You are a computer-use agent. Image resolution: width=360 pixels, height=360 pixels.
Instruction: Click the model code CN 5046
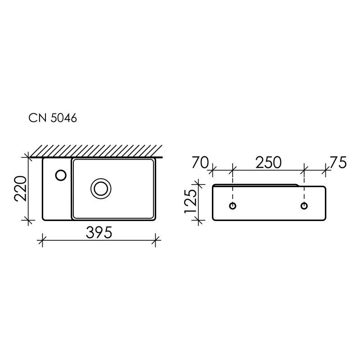tap(53, 118)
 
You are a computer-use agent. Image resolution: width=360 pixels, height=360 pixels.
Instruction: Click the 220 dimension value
tap(22, 189)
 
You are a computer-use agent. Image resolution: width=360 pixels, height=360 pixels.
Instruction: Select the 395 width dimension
tap(99, 233)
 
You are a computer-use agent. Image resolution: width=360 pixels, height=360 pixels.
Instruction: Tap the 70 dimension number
tap(200, 162)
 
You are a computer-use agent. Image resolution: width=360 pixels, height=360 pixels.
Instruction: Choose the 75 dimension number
tap(338, 162)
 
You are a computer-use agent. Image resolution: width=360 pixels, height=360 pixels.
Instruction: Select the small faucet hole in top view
tap(60, 174)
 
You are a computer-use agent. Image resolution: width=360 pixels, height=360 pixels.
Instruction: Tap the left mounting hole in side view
tap(232, 206)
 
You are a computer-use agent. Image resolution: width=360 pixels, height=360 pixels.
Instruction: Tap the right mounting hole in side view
tap(305, 206)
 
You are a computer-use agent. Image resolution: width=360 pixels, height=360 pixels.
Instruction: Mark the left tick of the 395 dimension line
tap(42, 240)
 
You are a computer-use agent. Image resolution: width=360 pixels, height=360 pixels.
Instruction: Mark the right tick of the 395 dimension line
tap(156, 240)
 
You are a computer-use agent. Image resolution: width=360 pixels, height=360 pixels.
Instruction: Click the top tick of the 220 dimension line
tap(28, 157)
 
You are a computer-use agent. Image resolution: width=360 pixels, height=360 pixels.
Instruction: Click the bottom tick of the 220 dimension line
tap(28, 220)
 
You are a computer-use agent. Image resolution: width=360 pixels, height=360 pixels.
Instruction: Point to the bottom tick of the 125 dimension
tap(197, 220)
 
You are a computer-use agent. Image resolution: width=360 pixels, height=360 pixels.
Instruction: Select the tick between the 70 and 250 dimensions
tap(232, 170)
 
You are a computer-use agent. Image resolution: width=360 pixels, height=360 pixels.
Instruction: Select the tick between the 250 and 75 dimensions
tap(305, 170)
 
